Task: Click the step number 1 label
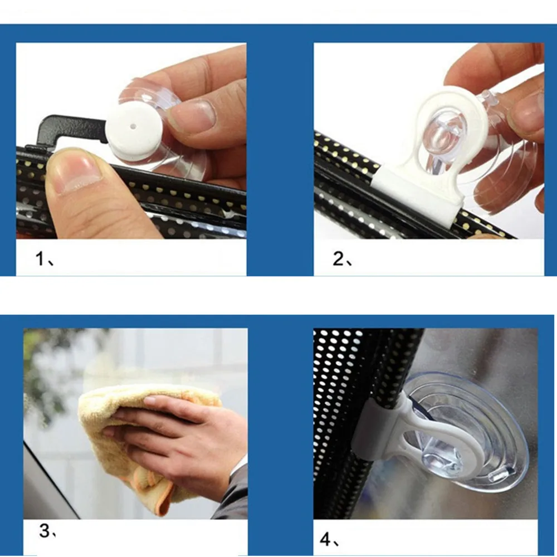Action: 45,258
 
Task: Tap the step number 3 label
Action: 47,531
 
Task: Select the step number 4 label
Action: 329,539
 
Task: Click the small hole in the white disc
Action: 133,126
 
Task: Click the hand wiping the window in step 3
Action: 178,441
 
